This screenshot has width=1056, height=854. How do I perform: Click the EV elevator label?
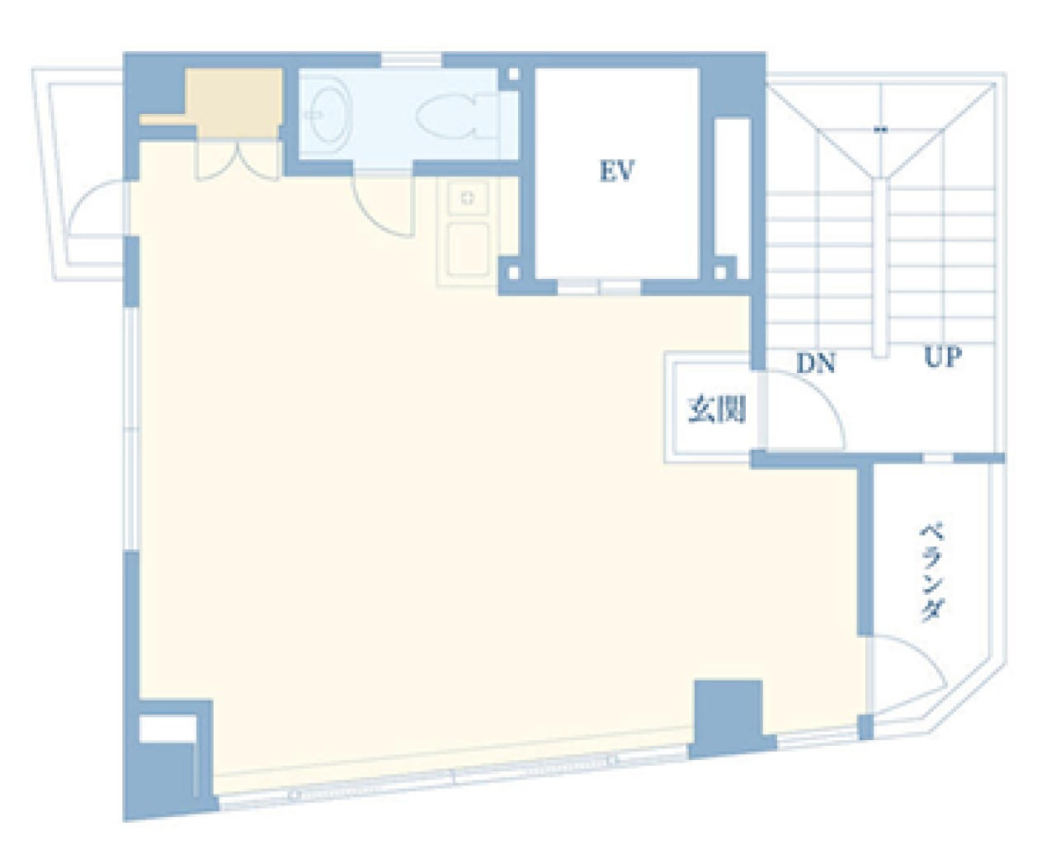(617, 170)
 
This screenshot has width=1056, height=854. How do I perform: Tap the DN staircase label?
(815, 363)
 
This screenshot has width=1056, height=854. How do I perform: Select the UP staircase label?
(942, 356)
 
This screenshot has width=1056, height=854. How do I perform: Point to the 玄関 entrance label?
(717, 409)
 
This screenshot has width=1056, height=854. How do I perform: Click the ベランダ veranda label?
(931, 573)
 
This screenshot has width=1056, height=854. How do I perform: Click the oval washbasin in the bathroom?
(328, 115)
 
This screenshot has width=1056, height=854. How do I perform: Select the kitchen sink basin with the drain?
(468, 198)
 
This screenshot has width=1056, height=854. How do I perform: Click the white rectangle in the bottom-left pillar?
(167, 729)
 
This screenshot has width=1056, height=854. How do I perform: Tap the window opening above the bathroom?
(411, 60)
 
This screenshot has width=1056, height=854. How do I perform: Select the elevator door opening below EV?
(599, 287)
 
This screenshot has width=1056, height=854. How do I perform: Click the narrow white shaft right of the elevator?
(733, 186)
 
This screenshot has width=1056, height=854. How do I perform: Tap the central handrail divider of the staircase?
(880, 268)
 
